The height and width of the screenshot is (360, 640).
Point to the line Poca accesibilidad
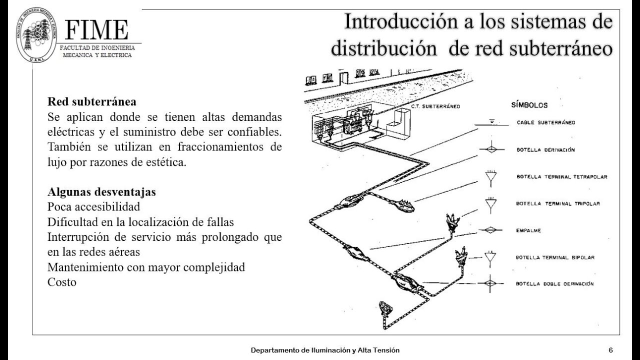click(93, 206)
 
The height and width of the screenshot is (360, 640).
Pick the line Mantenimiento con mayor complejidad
click(146, 266)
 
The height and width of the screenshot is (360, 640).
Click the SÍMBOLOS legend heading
click(529, 105)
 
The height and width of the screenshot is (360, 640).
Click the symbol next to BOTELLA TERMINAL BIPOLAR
click(490, 257)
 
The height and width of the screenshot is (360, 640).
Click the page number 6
click(610, 350)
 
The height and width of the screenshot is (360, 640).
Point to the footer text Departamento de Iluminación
click(325, 350)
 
